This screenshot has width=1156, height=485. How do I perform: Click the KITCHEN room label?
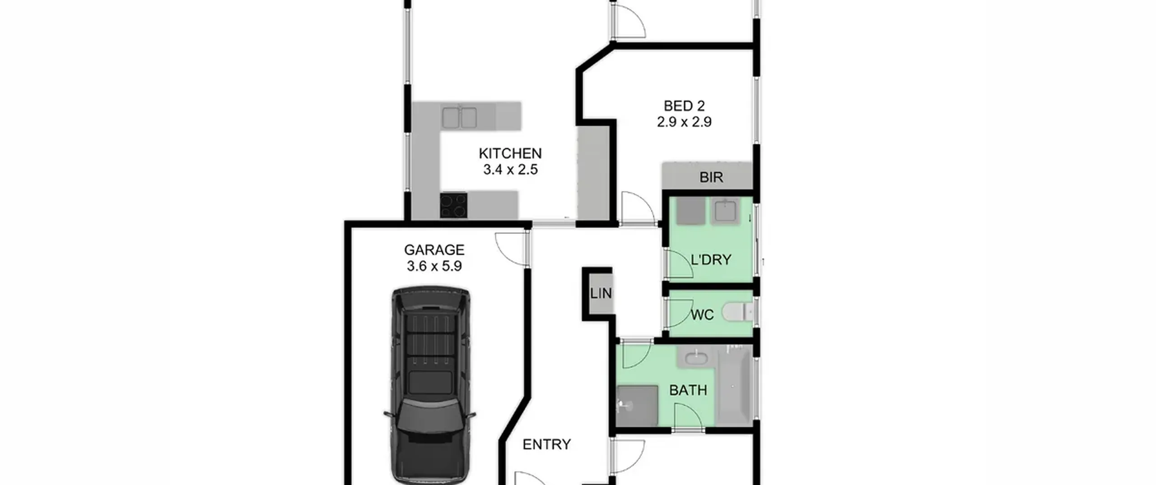point(510,153)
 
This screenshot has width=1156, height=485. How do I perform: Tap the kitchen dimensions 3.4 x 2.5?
point(510,170)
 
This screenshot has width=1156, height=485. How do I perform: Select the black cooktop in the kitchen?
point(454,206)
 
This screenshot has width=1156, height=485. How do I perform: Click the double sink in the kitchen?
point(459,118)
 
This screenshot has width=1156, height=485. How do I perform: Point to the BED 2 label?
point(684,106)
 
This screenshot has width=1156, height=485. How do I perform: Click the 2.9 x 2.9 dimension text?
point(684,122)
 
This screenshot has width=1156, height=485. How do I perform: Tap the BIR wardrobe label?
point(711,177)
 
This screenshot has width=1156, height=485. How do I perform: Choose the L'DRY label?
point(711,260)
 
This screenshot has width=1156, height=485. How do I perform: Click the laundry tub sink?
point(725,211)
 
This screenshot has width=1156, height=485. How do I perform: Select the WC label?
point(703,315)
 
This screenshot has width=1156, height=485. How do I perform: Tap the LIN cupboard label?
point(601,294)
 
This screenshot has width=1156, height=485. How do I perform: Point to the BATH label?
point(688,390)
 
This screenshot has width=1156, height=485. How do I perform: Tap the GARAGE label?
point(434,250)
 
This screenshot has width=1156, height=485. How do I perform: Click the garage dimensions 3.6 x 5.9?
point(434,266)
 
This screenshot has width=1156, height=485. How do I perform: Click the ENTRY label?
point(546,445)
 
